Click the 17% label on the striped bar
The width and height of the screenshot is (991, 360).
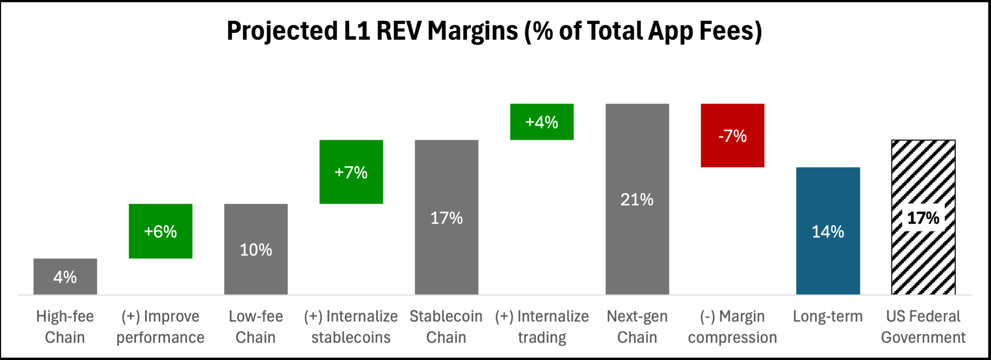(x=923, y=218)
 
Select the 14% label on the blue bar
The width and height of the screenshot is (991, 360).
(x=827, y=232)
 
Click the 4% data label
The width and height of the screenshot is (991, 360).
(x=65, y=277)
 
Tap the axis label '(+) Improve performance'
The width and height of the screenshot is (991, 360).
(x=160, y=327)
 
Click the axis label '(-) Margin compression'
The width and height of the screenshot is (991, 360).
(x=732, y=327)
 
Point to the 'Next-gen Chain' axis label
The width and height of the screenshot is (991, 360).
(x=637, y=327)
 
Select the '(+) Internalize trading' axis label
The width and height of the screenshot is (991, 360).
(x=541, y=327)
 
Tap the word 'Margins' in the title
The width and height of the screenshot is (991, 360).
(x=472, y=31)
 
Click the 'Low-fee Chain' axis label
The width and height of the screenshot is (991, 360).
(x=255, y=327)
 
